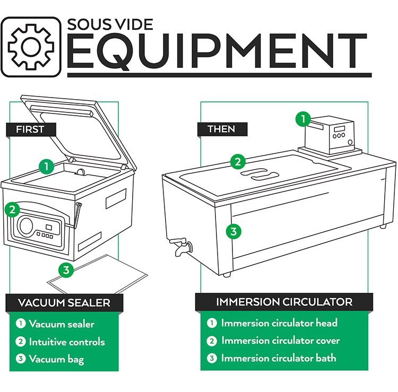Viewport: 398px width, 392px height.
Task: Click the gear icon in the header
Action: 33,46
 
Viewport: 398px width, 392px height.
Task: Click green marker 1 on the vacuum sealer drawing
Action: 47,166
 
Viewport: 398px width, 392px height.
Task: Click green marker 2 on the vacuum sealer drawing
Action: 13,209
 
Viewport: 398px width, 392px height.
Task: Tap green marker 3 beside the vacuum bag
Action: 66,270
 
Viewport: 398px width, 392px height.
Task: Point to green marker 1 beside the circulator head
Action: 303,119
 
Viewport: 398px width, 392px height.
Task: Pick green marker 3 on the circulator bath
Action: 232,231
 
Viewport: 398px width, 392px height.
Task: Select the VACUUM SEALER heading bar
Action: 64,303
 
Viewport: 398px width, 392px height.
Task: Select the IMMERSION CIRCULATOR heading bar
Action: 284,302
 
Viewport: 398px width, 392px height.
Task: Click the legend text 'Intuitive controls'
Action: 66,342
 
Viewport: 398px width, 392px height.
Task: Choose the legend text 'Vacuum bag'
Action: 56,360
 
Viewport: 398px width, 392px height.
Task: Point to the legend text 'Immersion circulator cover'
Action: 280,341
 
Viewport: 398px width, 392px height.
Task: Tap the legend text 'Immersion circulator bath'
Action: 279,358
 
